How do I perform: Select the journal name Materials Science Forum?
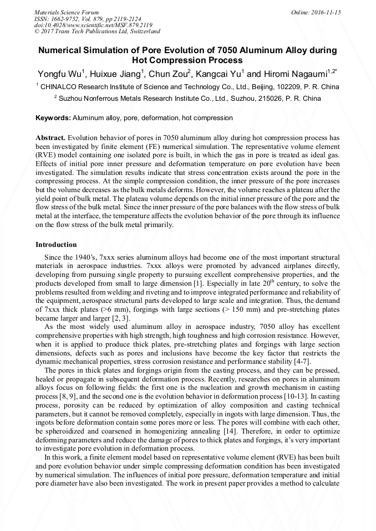67,12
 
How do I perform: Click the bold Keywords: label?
53,118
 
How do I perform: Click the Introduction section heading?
56,244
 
